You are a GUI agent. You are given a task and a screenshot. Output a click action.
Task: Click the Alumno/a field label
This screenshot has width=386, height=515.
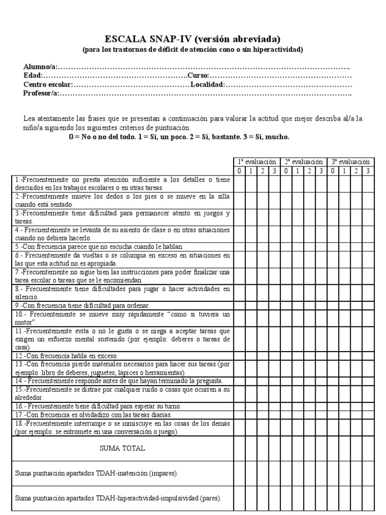click(41, 67)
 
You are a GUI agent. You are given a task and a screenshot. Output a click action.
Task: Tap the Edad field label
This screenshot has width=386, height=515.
click(33, 76)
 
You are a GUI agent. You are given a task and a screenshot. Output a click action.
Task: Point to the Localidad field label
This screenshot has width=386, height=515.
click(207, 84)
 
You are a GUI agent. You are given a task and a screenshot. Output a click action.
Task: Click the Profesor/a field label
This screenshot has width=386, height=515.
click(42, 93)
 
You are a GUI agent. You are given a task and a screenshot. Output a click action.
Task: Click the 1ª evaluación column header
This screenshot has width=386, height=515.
click(257, 162)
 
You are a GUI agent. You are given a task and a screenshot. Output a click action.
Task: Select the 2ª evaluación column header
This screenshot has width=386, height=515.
click(304, 162)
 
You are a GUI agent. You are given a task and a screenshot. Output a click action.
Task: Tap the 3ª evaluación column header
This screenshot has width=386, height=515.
click(351, 162)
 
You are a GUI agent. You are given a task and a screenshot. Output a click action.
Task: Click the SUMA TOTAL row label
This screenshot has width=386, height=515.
click(123, 449)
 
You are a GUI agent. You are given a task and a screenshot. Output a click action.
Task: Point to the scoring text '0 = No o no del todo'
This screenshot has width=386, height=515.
click(100, 137)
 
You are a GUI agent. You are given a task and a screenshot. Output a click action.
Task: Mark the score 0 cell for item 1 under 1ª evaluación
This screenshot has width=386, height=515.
click(239, 183)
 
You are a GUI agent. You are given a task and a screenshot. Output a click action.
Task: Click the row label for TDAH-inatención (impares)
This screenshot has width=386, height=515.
click(96, 474)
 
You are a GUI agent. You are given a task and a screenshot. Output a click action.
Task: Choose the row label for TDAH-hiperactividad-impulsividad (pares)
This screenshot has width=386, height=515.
click(118, 498)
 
